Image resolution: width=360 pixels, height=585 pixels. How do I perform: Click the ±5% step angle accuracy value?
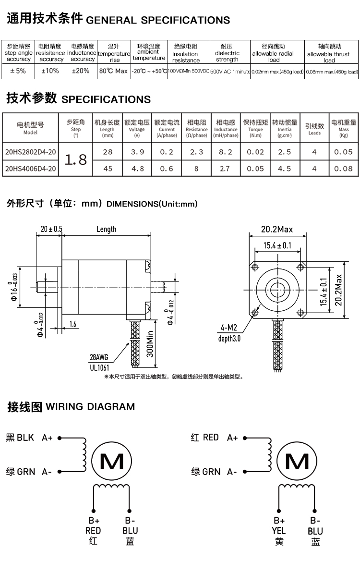tap(18, 71)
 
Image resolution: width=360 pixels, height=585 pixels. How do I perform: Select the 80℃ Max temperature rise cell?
tap(113, 71)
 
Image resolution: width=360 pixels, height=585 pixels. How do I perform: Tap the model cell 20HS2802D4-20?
tap(30, 152)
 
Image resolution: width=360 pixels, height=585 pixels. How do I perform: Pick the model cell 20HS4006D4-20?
tap(30, 169)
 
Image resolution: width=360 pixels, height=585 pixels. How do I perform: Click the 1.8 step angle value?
tap(75, 159)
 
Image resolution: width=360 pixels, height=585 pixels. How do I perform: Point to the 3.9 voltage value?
tap(137, 152)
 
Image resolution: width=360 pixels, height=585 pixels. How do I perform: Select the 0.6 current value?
tap(167, 169)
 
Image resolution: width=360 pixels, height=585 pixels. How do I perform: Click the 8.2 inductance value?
tap(226, 152)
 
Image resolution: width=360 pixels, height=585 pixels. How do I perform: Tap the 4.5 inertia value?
tap(285, 169)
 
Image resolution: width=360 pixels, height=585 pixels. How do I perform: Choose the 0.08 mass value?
tap(344, 169)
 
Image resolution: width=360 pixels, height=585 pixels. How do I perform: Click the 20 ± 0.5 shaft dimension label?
tap(51, 229)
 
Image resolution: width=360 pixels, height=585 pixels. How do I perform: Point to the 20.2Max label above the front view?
tap(277, 230)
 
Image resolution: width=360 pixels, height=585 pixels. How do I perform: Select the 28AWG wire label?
tap(99, 357)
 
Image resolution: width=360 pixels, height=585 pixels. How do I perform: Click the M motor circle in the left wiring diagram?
tap(111, 462)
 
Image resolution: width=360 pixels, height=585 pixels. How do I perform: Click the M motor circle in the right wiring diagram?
tap(297, 462)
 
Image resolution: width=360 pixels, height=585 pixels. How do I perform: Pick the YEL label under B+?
tap(279, 531)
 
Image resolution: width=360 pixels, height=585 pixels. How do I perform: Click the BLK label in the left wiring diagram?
tap(25, 438)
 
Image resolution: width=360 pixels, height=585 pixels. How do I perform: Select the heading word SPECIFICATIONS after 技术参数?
tap(106, 99)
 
